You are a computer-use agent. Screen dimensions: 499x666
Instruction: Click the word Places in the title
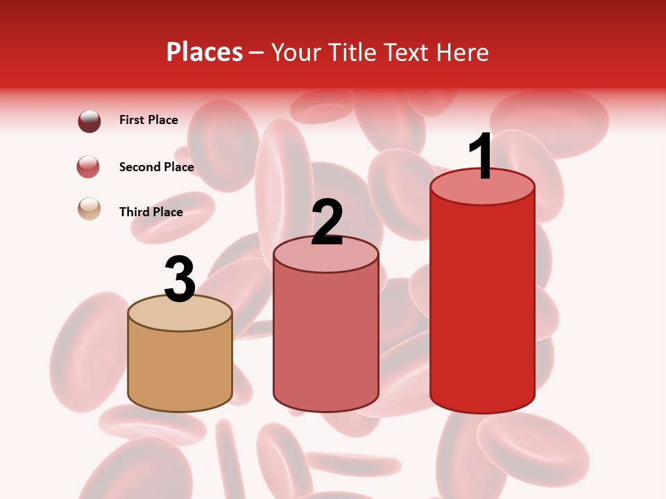pyautogui.click(x=205, y=52)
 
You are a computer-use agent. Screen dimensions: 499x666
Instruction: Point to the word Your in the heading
pyautogui.click(x=296, y=52)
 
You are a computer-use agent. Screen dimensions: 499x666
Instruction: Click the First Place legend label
pyautogui.click(x=148, y=120)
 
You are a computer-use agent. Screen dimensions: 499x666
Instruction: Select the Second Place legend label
pyautogui.click(x=156, y=167)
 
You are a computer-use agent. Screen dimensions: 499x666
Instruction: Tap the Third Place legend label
pyautogui.click(x=151, y=212)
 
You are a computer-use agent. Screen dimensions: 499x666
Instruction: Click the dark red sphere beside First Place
pyautogui.click(x=89, y=121)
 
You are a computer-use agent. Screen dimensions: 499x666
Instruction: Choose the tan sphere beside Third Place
pyautogui.click(x=89, y=209)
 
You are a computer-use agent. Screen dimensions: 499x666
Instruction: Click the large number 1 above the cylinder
pyautogui.click(x=481, y=157)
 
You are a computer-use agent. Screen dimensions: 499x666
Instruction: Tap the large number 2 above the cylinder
pyautogui.click(x=327, y=222)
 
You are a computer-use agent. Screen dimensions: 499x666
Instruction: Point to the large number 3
pyautogui.click(x=180, y=279)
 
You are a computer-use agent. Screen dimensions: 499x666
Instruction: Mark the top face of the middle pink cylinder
pyautogui.click(x=326, y=258)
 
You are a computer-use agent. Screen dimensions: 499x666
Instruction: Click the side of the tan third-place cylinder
pyautogui.click(x=180, y=367)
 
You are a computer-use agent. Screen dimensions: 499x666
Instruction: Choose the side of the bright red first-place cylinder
pyautogui.click(x=482, y=305)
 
